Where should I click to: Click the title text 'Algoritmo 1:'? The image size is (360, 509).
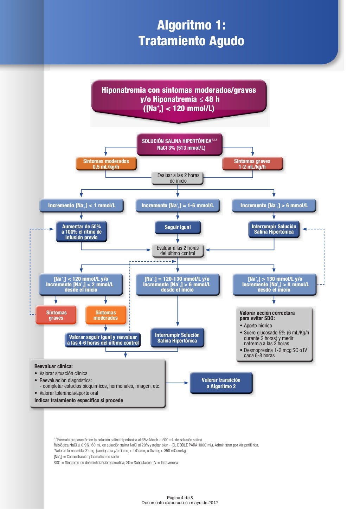coord(191,25)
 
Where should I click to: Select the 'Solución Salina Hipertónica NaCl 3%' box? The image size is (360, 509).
coord(179,144)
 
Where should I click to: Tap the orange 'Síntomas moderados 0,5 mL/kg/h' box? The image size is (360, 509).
coord(106,164)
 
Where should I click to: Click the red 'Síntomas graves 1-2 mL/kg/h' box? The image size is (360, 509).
coord(252,164)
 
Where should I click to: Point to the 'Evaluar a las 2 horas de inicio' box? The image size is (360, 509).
coord(178,178)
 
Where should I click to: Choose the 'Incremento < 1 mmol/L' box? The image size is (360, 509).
coord(82,205)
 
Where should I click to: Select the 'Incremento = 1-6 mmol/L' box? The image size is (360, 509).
coord(178,205)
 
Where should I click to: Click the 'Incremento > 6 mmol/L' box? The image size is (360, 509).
coord(274,205)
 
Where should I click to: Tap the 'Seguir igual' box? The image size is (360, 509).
coord(178,227)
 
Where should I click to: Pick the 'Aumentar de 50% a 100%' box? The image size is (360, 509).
coord(82,232)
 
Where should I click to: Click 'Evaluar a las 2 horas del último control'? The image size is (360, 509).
coord(178,251)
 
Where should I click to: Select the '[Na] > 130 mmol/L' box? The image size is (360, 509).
coord(275,285)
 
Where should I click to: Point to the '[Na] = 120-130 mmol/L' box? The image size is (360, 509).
coord(178,285)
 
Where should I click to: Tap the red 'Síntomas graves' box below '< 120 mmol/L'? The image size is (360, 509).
coord(56,315)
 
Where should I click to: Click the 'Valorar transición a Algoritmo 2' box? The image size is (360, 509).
coord(221,383)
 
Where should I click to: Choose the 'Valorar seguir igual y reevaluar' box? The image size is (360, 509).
coord(103,340)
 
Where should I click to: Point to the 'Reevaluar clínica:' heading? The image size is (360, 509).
coord(53,366)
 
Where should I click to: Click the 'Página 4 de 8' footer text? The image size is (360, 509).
coord(180,497)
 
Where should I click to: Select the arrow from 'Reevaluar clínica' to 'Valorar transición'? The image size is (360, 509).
coord(177,383)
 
